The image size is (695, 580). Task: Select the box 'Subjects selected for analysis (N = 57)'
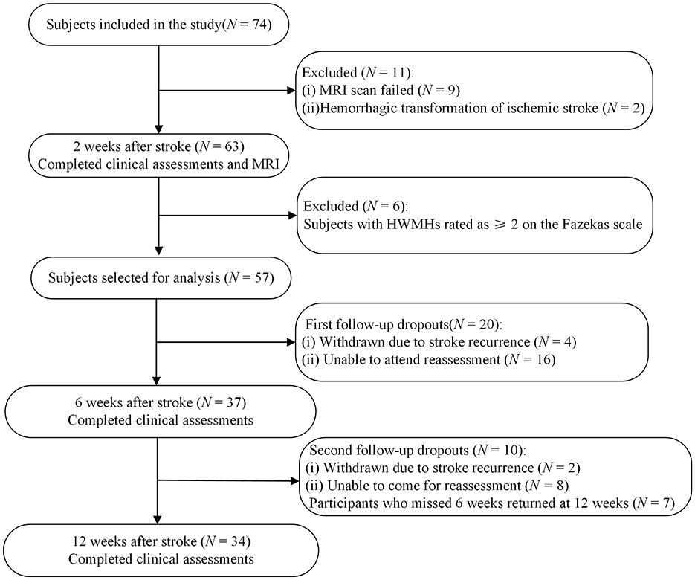[x=158, y=280]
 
